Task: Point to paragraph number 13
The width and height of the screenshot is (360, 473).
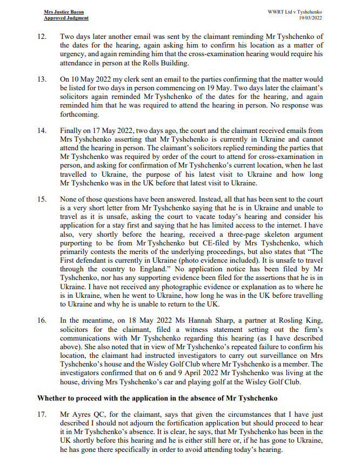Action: click(42, 79)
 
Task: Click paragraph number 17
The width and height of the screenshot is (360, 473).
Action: click(42, 417)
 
